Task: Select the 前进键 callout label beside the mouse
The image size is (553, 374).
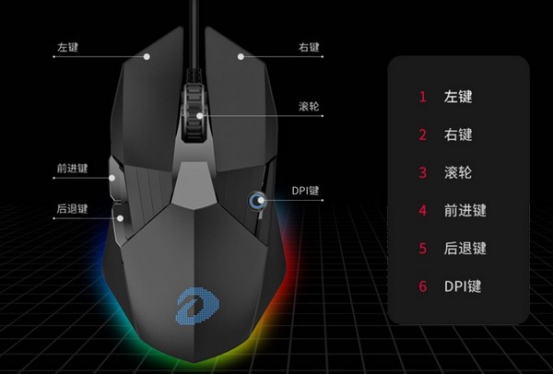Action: coord(71,169)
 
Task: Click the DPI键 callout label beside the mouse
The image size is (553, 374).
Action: coord(305,191)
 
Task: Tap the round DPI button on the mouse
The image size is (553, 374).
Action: coord(255,202)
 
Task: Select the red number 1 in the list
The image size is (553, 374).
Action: coord(423,96)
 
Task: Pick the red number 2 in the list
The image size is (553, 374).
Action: coord(423,134)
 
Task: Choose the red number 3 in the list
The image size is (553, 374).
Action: coord(423,172)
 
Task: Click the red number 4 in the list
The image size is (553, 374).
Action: coord(423,210)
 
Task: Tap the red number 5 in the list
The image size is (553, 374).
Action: coord(423,249)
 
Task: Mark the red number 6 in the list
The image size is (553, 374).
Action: coord(423,286)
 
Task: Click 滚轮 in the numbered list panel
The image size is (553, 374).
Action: coord(458,172)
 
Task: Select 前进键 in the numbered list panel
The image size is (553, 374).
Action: coord(465,210)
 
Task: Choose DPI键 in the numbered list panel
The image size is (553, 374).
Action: coord(465,286)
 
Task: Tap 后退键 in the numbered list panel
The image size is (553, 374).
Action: coord(465,249)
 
